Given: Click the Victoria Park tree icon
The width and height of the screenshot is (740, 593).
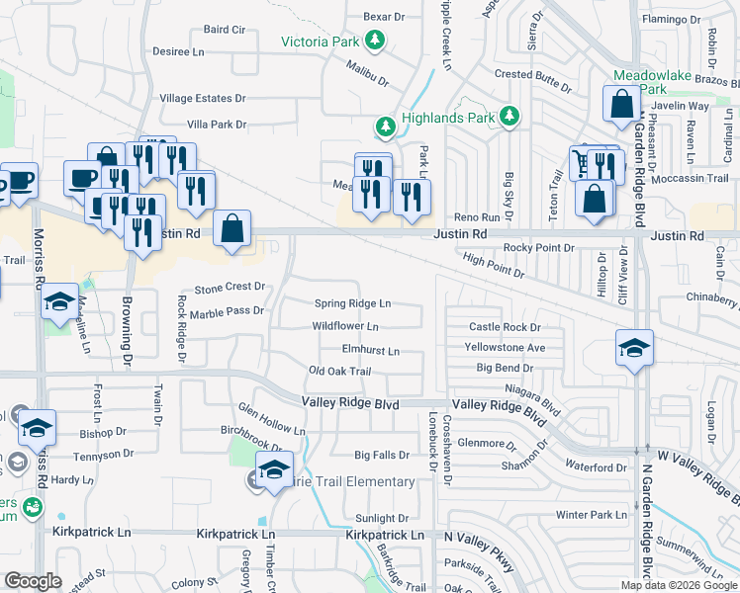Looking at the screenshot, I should tap(375, 41).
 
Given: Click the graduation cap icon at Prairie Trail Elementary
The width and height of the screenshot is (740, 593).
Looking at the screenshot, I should tap(274, 468).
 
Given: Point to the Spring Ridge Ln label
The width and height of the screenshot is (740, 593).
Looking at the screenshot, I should tap(353, 303).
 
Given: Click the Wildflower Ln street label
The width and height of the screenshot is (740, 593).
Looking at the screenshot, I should tap(345, 326).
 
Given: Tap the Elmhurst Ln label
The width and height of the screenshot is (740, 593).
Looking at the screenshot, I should tap(371, 350).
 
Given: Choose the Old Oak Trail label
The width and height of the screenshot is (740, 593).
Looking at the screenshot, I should tap(339, 372).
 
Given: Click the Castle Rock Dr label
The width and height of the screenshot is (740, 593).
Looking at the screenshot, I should tap(505, 327).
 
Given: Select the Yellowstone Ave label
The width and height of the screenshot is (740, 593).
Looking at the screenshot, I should tap(506, 348).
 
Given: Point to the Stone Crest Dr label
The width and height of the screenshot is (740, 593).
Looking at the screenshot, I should tap(231, 288).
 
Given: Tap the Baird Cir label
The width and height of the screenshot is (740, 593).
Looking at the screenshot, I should tap(225, 30).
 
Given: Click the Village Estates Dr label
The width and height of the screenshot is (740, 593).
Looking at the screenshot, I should tap(203, 99).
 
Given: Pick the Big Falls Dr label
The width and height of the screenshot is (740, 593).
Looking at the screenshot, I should tap(382, 456).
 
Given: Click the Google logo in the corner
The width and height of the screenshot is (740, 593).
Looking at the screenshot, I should tap(33, 581).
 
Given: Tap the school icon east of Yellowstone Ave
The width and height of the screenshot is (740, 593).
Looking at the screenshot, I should tap(634, 347).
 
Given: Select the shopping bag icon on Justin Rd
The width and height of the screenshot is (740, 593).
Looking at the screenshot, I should tap(231, 228).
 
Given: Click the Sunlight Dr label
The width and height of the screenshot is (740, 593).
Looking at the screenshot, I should tap(382, 518).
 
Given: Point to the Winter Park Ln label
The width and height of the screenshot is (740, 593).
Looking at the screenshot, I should tap(592, 514).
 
